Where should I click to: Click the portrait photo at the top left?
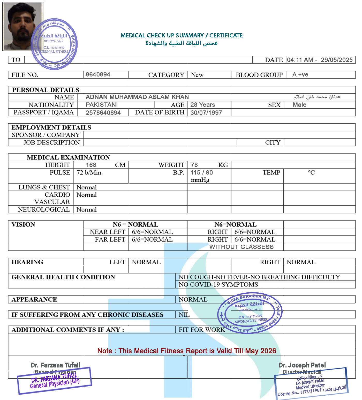pos(23,26)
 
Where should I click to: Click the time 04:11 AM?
pos(300,60)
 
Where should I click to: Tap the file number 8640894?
pos(98,75)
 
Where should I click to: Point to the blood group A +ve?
pos(300,75)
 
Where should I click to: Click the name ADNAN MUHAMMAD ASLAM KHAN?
pos(137,97)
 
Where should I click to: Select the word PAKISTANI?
pos(102,105)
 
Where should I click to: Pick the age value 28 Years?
pos(203,105)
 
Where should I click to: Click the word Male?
pos(299,105)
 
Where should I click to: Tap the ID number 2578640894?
pos(103,113)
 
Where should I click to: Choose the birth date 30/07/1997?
pos(206,113)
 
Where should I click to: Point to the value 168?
pos(91,165)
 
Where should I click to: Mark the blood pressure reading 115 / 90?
pos(202,173)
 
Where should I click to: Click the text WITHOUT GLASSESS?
pos(241,247)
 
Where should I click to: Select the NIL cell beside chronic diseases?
pos(184,315)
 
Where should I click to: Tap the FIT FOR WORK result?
pos(202,330)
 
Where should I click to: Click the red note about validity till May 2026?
pos(187,351)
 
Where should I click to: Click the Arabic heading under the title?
pos(182,43)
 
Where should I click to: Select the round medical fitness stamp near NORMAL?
pos(250,313)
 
